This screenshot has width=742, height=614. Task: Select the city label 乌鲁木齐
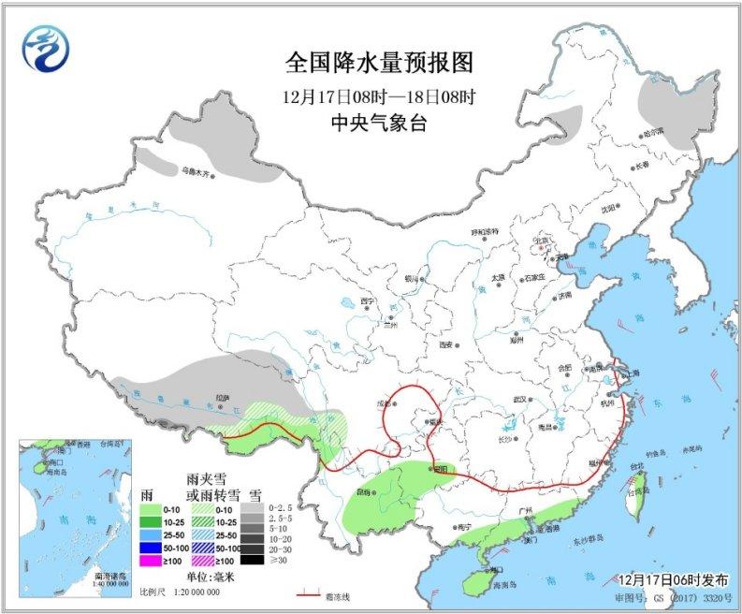[x=199, y=171]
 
